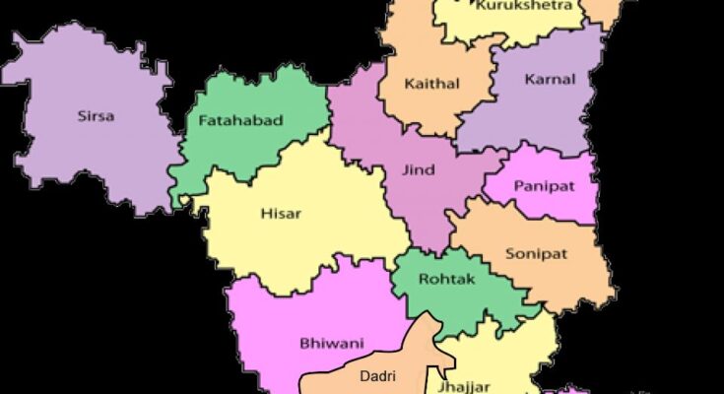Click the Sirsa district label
pos(96,116)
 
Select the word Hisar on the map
pos(281,213)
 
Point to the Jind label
pos(418,169)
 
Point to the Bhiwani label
pos(332,344)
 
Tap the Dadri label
pos(378,376)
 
